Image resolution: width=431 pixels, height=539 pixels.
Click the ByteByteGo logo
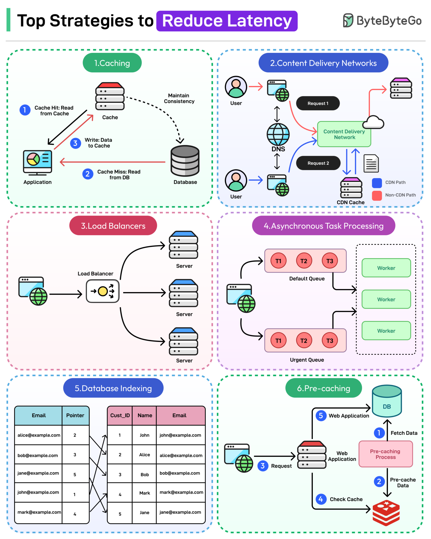[382, 21]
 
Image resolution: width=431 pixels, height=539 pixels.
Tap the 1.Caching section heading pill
[112, 63]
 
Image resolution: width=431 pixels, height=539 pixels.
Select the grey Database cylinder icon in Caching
[185, 161]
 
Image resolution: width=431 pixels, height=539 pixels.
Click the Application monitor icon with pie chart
[37, 161]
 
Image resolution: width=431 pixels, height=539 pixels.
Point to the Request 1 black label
[318, 103]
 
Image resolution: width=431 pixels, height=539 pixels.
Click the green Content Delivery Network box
[344, 134]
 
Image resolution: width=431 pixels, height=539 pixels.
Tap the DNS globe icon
[278, 134]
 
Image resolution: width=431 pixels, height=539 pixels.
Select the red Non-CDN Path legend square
[377, 195]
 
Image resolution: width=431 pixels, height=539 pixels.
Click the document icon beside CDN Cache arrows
[371, 163]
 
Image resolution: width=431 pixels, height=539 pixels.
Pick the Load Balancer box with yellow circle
[103, 291]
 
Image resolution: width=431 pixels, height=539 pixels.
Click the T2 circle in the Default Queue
[304, 261]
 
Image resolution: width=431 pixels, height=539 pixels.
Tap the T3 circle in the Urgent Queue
[329, 341]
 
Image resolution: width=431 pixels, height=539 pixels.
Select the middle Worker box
[386, 299]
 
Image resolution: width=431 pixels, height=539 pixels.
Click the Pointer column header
[75, 415]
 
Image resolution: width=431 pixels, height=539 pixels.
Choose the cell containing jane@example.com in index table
[38, 473]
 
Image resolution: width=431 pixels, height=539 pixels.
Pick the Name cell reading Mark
[144, 493]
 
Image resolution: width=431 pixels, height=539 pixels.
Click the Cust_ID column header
[120, 415]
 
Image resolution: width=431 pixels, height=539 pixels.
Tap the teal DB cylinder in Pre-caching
[387, 401]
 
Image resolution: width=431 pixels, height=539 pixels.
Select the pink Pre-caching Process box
[385, 454]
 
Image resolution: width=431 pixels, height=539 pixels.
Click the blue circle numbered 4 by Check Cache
[320, 499]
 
